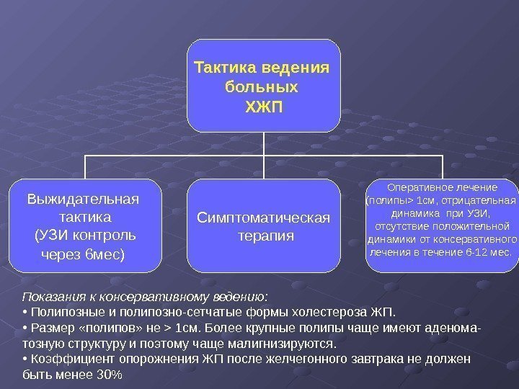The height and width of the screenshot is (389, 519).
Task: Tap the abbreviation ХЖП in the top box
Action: pos(264,108)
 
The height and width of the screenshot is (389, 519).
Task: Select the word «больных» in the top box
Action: pos(262,89)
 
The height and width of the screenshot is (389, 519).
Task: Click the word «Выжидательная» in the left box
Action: pos(83,198)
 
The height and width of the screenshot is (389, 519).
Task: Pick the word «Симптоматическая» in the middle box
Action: pos(264,218)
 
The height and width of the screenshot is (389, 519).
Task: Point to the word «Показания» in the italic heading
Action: pos(45,297)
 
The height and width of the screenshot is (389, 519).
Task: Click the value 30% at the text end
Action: pos(110,375)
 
